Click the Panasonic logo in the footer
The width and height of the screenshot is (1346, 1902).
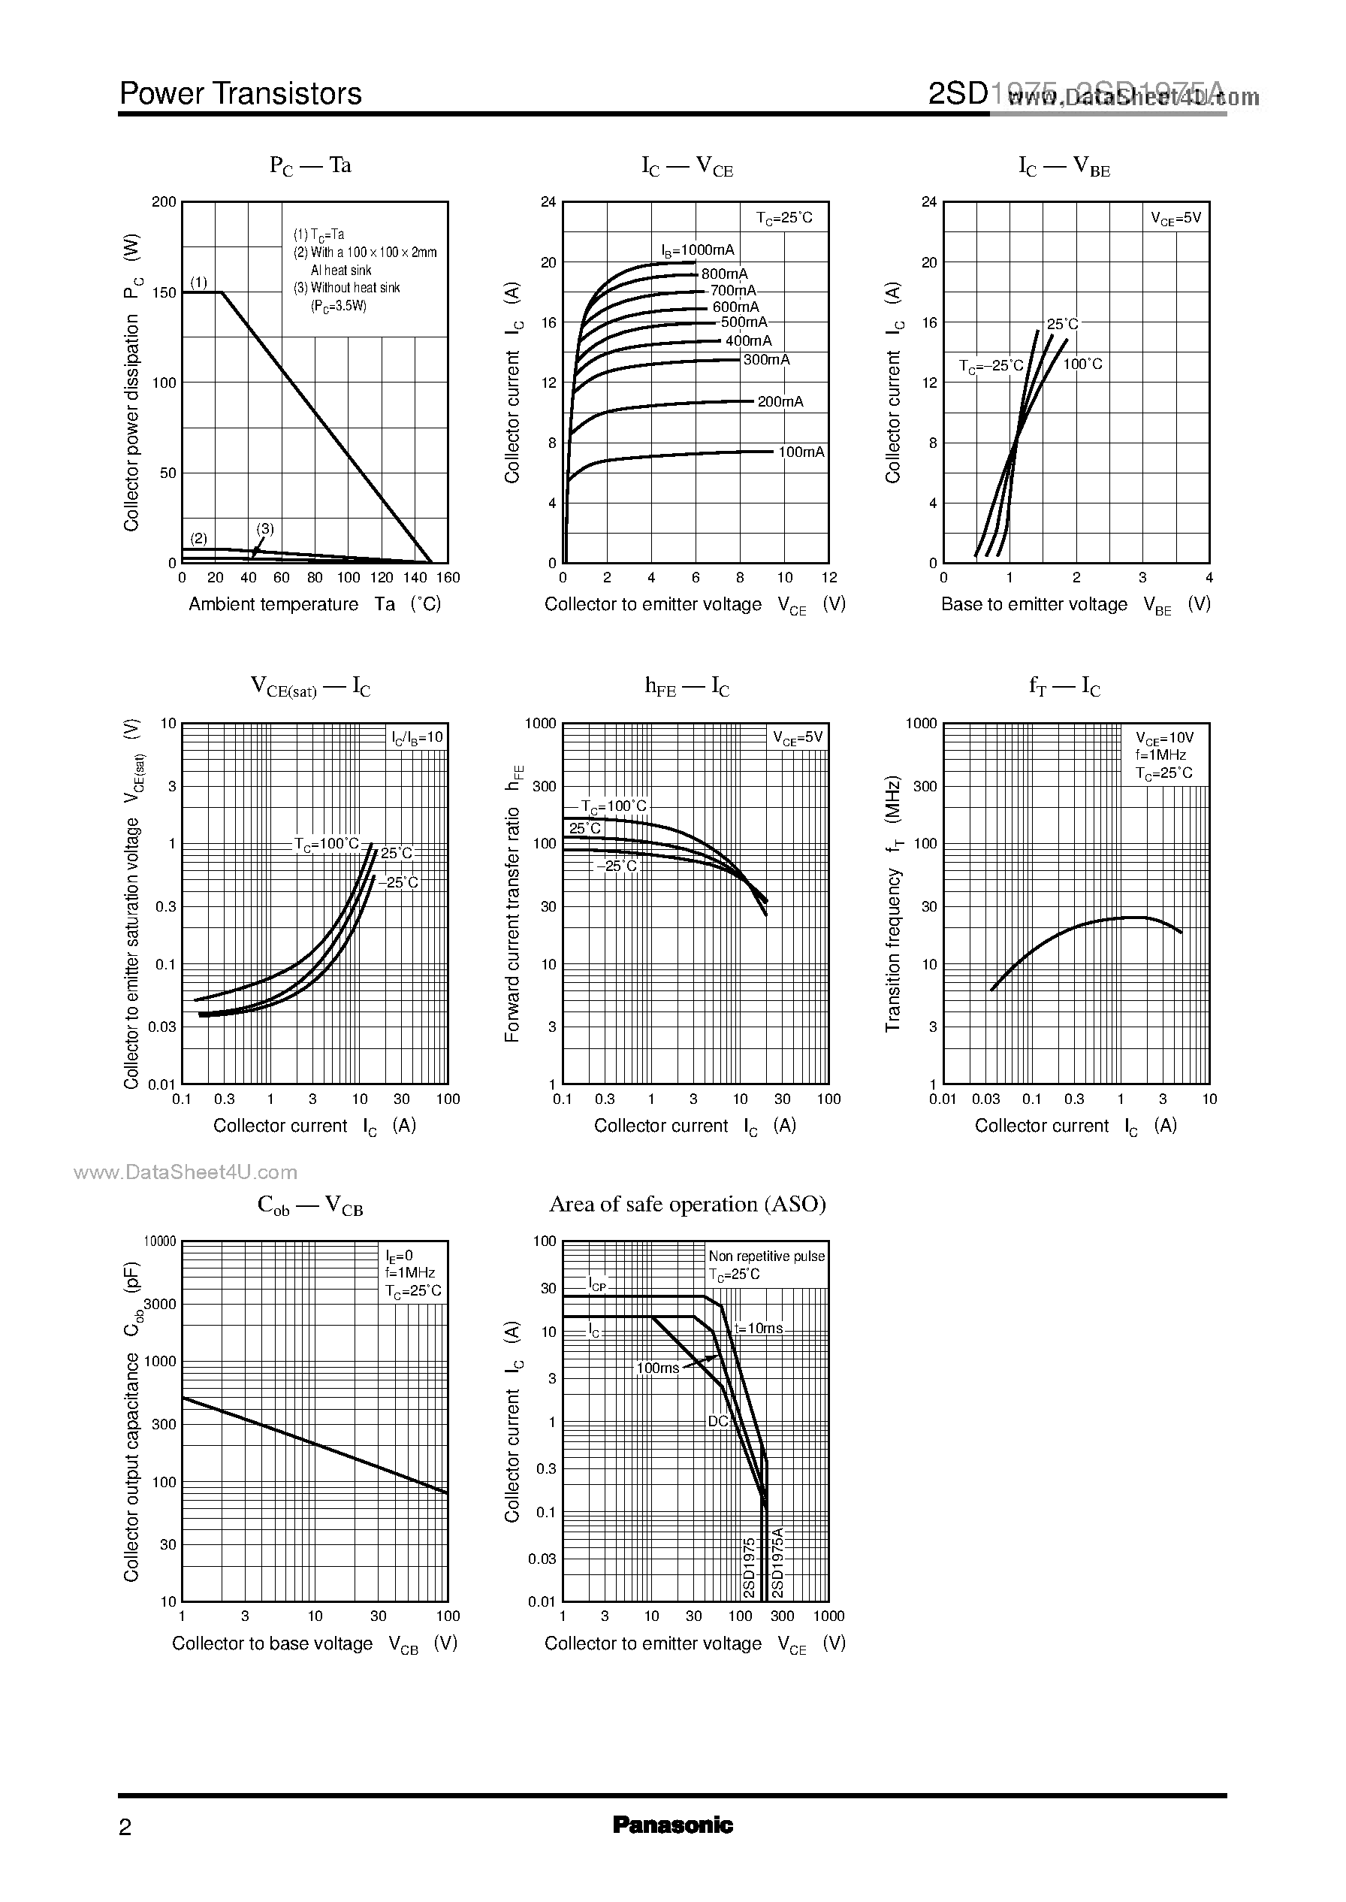tap(672, 1825)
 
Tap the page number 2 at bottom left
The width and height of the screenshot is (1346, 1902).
tap(125, 1827)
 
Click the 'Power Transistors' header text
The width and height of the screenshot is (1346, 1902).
tap(240, 94)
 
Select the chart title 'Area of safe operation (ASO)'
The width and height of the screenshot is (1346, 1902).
tap(687, 1204)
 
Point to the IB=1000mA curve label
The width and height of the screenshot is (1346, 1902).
tap(698, 250)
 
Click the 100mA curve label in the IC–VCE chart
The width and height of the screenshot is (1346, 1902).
tap(801, 452)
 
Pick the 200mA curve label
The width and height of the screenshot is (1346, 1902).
tap(780, 401)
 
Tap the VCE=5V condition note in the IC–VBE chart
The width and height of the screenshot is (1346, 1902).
tap(1175, 219)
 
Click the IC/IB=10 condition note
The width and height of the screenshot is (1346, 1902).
tap(418, 737)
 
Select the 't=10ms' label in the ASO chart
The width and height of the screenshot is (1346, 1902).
tap(759, 1327)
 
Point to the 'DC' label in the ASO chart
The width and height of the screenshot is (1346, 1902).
tap(718, 1421)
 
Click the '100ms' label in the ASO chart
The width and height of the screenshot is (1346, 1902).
tap(657, 1368)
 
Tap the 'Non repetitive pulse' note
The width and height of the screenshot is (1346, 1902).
tap(767, 1256)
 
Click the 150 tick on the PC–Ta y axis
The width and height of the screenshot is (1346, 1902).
tap(164, 292)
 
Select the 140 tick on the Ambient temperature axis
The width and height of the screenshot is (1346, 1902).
tap(415, 578)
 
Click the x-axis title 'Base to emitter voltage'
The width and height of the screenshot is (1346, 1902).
tap(1034, 604)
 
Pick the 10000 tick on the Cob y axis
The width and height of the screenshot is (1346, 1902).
tap(160, 1241)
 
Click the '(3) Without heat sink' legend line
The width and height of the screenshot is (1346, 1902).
tap(346, 288)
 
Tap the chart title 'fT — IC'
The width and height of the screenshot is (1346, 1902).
tap(1064, 687)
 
